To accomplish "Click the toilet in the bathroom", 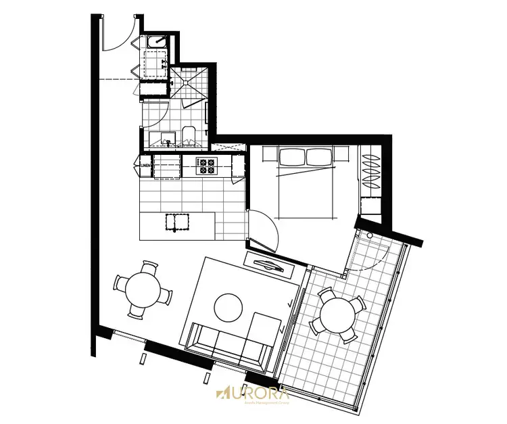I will coord(189,135).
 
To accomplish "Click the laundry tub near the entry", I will coord(158,42).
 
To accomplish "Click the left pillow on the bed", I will coord(291,157).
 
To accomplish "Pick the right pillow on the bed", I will coord(320,157).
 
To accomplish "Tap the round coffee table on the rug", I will coord(228,308).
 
